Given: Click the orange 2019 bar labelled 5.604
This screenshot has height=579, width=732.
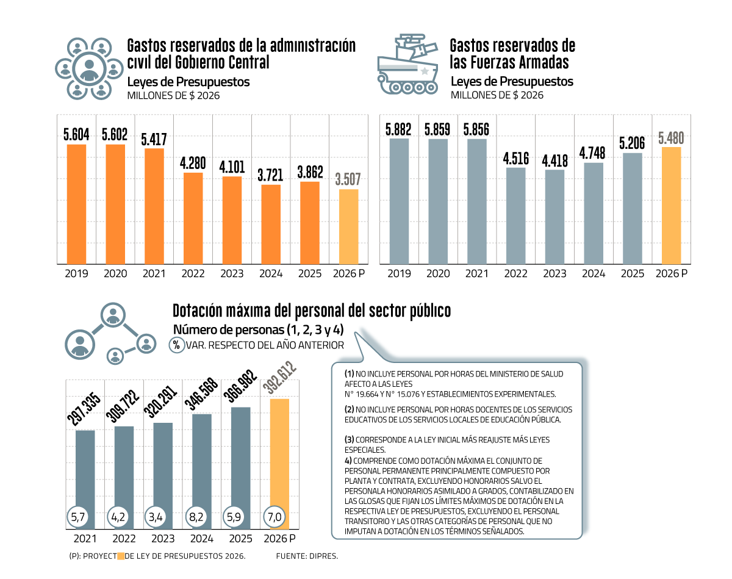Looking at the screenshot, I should tap(76, 204).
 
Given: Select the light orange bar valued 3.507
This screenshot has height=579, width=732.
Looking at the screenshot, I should tap(348, 226).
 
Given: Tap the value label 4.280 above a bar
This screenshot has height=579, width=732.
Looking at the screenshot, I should tap(193, 164).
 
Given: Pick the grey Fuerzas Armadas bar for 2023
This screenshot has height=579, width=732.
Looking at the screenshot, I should tap(554, 217).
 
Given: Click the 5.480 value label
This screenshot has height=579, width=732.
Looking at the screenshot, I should tap(671, 138).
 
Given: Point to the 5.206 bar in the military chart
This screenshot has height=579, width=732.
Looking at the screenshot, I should tap(632, 208).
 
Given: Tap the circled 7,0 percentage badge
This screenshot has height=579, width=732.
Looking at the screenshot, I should tap(274, 517).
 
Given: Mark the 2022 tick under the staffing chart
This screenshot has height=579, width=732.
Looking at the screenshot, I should tap(124, 539).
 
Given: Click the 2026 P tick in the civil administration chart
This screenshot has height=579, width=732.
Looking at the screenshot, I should tap(348, 274).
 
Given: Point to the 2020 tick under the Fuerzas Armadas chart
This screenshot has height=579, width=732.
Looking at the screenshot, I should tap(437, 274).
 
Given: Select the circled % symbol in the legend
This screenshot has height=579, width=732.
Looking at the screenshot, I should tap(176, 345).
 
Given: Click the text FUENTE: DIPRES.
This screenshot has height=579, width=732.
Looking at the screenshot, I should tap(307, 556).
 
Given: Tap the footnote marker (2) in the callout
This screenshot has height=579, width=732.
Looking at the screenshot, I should tap(349, 410).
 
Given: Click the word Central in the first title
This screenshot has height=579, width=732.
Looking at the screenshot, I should tap(244, 62).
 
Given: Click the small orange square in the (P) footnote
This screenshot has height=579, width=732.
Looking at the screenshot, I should tap(121, 556).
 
